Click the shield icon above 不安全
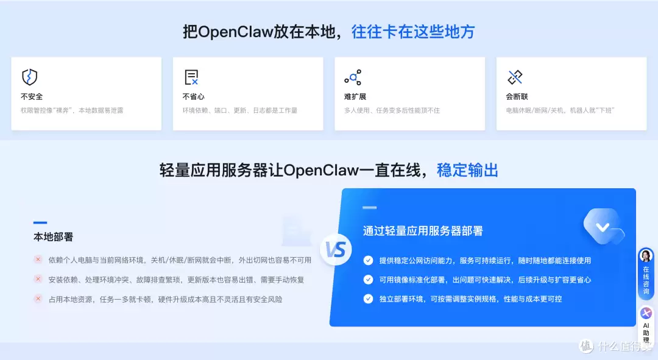pos(29,77)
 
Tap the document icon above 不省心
pos(191,77)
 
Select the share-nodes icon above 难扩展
pos(353,77)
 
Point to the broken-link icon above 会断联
pos(515,77)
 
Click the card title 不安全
pos(32,97)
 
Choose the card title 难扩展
pos(355,97)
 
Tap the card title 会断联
pos(517,97)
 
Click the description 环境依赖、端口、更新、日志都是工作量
pos(240,111)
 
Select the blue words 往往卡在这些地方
pos(413,32)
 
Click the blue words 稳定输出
pos(467,170)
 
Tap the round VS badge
pos(336,250)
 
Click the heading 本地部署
pos(53,237)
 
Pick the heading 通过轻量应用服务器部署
pos(423,231)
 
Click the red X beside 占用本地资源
pos(38,299)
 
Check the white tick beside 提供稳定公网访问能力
pos(368,260)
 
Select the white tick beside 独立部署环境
pos(368,299)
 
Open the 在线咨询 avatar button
pos(646,256)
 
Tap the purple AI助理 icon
pos(646,313)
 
